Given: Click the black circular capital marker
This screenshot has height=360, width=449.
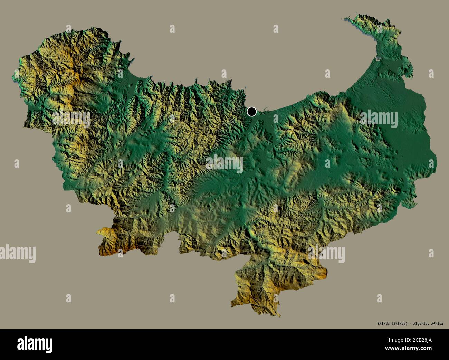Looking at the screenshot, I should tap(252, 112).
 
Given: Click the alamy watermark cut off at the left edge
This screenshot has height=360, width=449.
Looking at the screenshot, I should tap(17, 252).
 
